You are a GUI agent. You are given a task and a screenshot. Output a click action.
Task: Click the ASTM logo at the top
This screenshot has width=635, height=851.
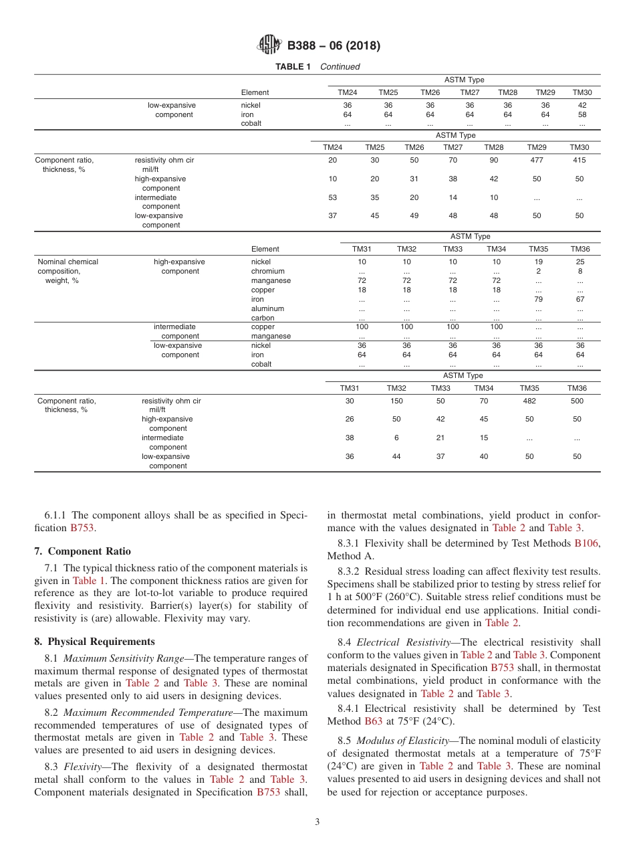click(x=270, y=45)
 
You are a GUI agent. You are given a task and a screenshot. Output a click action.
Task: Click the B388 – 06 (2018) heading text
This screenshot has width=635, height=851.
click(x=334, y=46)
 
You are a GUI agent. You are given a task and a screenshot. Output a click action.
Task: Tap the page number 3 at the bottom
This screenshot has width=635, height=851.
click(x=317, y=822)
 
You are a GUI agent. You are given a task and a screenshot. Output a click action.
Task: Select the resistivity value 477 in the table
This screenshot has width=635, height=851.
click(x=537, y=161)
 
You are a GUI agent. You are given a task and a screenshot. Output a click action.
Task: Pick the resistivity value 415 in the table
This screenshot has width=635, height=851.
click(x=579, y=161)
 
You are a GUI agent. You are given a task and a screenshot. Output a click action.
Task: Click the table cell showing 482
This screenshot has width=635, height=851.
click(x=529, y=401)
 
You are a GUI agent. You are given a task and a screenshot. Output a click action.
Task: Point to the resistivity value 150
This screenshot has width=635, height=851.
click(x=396, y=401)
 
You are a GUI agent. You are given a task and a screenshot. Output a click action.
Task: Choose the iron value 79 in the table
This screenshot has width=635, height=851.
click(x=539, y=300)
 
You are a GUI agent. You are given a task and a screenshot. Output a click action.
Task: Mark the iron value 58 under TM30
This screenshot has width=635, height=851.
click(x=582, y=114)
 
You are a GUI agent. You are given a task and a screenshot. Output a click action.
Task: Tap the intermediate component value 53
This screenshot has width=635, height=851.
click(x=333, y=198)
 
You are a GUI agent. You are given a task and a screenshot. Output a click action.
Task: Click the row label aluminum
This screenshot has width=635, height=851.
click(x=267, y=309)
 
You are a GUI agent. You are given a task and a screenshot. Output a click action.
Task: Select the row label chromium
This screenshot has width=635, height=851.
click(x=268, y=272)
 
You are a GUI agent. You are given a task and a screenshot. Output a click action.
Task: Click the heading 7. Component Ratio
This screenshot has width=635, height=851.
click(x=83, y=551)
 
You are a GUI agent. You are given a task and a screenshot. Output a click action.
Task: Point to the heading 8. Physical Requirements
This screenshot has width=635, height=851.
click(x=94, y=642)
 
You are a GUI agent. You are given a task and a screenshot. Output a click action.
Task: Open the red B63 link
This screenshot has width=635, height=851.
click(x=372, y=721)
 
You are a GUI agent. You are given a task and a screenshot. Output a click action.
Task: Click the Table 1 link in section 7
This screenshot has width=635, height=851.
click(x=89, y=581)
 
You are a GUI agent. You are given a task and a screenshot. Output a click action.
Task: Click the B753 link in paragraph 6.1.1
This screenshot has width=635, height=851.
click(x=82, y=528)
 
